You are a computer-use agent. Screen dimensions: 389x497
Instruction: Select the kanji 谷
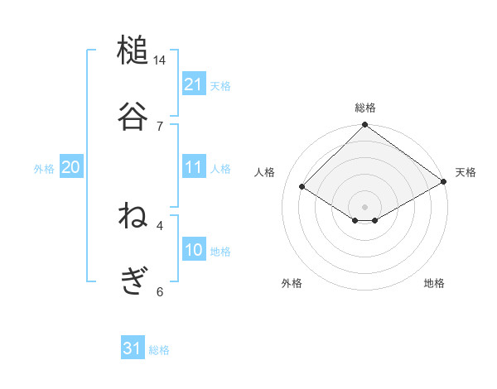(133, 116)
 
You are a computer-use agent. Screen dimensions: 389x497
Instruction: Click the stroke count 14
(160, 60)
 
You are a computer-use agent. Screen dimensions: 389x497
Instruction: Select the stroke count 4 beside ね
(160, 224)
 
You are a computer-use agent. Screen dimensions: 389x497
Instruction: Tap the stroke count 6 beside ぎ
(160, 291)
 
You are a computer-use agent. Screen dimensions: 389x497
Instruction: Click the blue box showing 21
(194, 84)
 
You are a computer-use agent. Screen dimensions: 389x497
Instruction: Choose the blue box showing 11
(194, 167)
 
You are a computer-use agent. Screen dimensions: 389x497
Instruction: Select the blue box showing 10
(194, 250)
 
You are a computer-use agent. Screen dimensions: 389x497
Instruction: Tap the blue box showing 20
(71, 167)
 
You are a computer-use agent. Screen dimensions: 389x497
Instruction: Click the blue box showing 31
(133, 348)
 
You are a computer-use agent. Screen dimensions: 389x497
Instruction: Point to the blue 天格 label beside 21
(220, 86)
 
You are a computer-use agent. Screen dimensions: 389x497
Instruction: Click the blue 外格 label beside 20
(44, 169)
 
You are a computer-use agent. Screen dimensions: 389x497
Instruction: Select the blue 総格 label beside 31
(159, 350)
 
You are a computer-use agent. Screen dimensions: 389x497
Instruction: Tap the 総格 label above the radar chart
(365, 108)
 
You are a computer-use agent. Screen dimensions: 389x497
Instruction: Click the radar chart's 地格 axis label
(434, 283)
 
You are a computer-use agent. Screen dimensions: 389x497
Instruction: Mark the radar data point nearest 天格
(444, 184)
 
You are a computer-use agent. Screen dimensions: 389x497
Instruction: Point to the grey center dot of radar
(365, 206)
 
